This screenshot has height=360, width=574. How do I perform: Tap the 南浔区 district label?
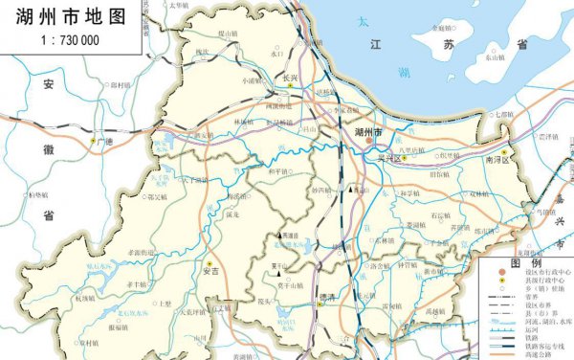coord(501,161)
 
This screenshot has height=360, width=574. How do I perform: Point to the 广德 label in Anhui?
coord(105,142)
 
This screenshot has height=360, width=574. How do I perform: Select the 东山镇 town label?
coord(495,56)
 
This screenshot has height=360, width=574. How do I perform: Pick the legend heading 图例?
coord(526,262)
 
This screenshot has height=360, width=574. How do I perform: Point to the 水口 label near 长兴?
coord(278,54)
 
